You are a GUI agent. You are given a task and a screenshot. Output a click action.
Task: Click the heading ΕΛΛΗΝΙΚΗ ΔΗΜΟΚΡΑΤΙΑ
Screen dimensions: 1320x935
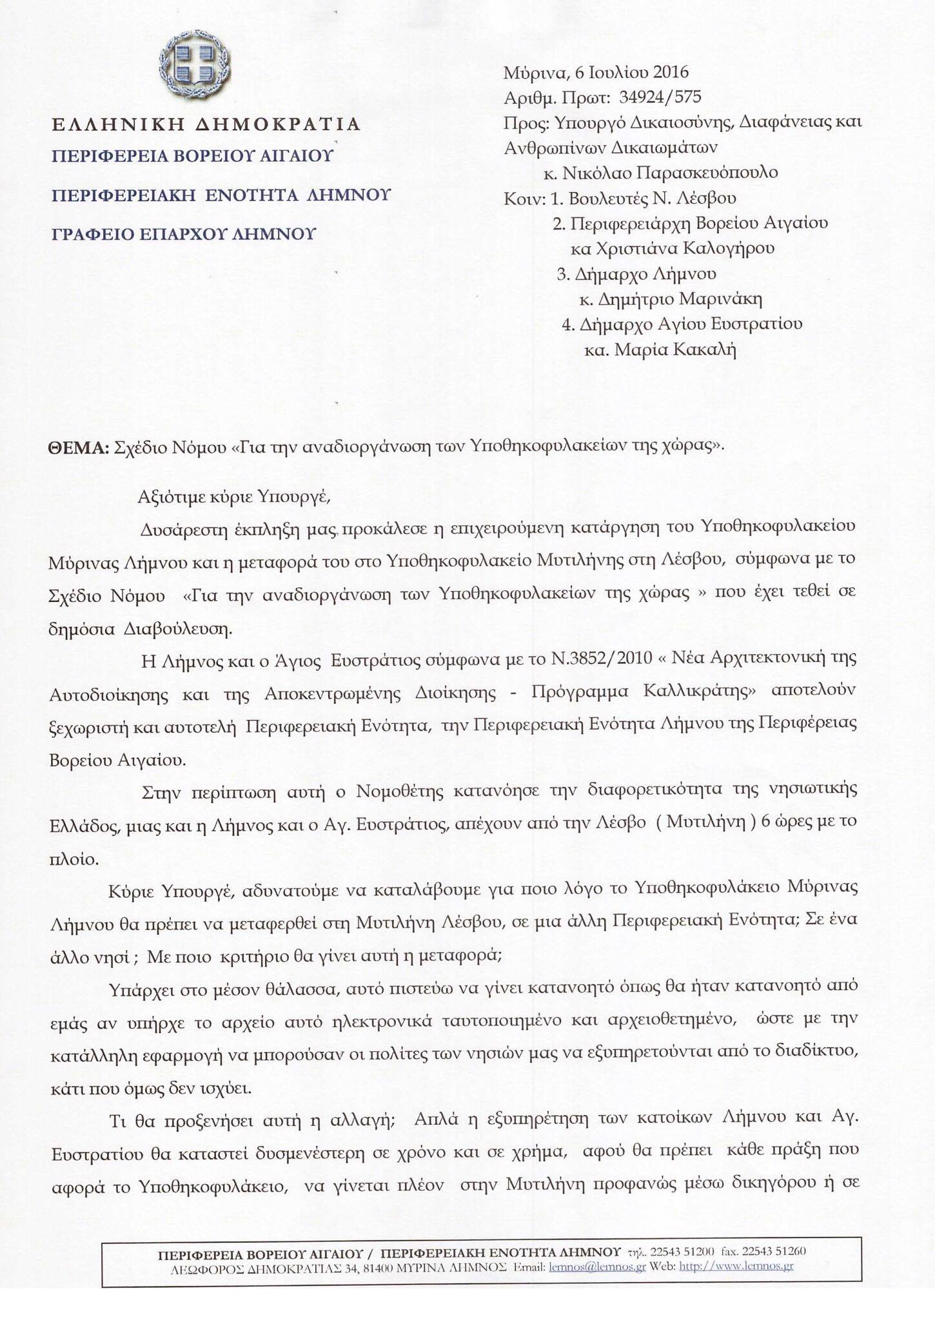coord(206,124)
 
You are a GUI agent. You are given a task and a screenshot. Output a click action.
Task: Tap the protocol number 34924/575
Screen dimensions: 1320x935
coord(660,97)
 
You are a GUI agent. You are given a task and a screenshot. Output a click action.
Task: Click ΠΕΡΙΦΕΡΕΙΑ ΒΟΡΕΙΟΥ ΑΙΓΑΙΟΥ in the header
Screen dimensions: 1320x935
coord(192,155)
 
